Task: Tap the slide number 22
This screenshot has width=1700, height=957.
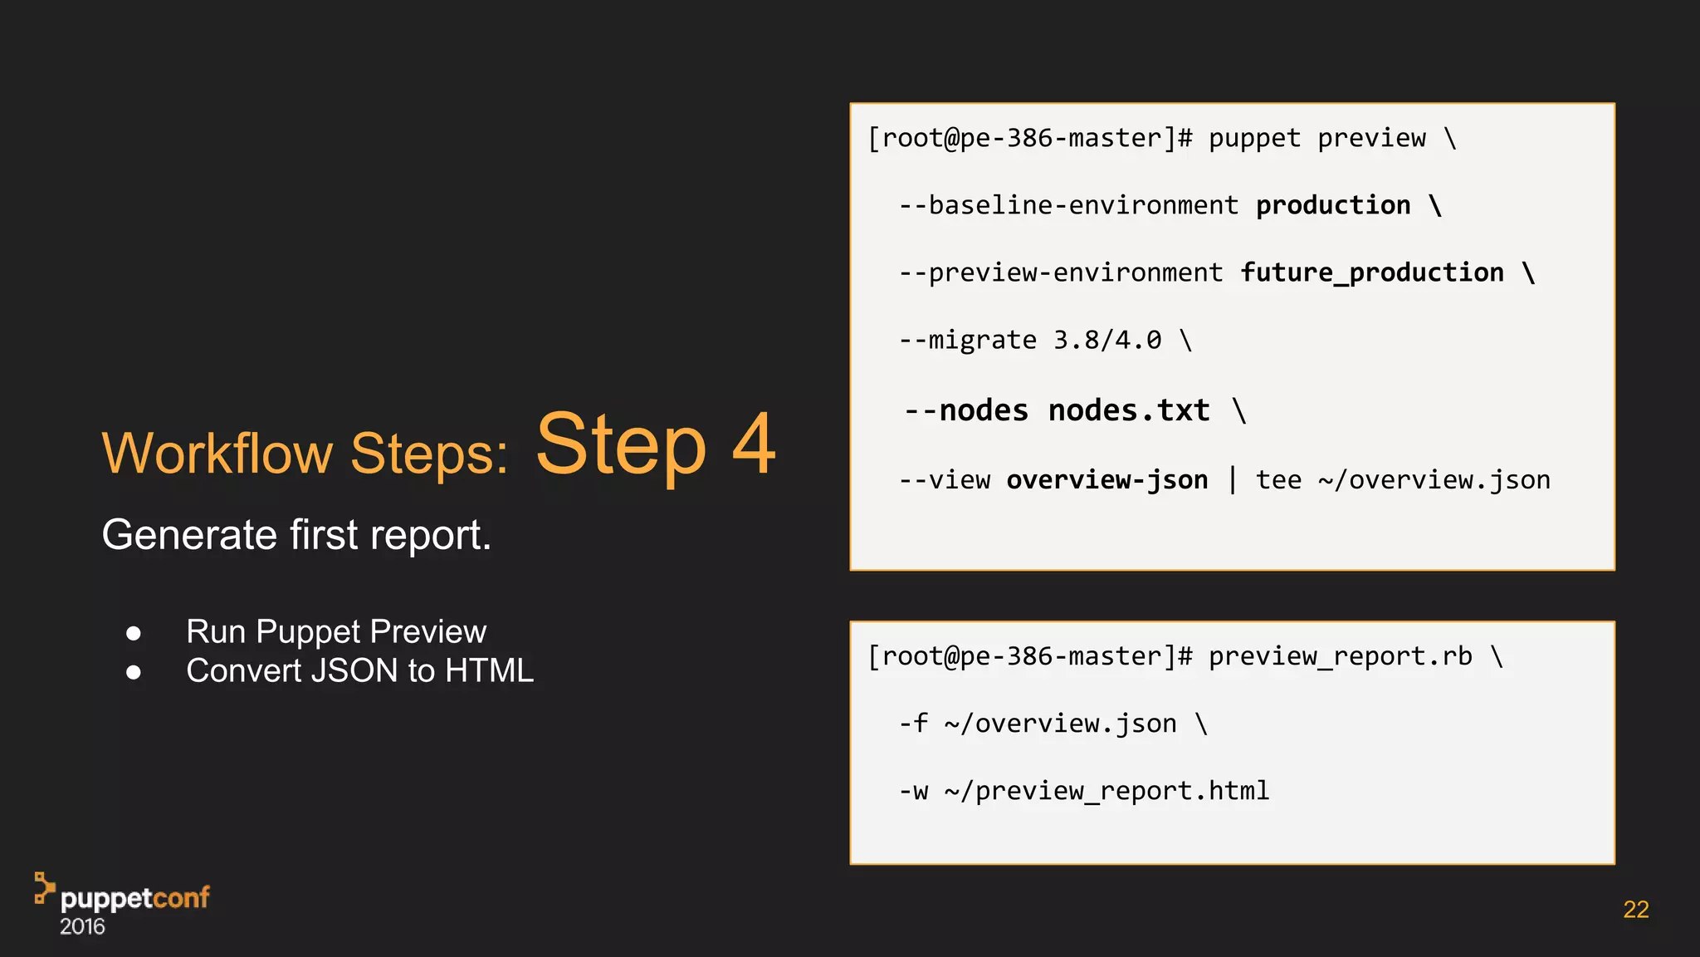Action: click(x=1635, y=910)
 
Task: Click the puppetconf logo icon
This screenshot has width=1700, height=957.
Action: click(x=44, y=888)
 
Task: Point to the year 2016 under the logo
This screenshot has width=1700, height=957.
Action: click(x=82, y=927)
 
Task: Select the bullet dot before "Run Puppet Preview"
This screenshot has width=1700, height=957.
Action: click(x=134, y=634)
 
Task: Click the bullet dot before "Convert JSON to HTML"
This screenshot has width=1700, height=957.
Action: click(x=134, y=672)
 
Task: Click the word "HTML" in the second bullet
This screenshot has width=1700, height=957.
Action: click(x=489, y=671)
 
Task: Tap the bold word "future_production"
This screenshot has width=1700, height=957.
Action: click(x=1371, y=272)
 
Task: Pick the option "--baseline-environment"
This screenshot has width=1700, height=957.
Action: click(x=1069, y=205)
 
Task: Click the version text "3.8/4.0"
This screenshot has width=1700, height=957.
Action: click(x=1107, y=340)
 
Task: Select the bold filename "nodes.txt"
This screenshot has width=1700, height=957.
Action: click(x=1129, y=410)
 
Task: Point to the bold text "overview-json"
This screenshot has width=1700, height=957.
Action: click(x=1106, y=479)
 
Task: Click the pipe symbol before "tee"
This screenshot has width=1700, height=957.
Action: click(x=1233, y=479)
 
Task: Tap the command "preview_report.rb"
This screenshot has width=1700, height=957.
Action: click(x=1340, y=656)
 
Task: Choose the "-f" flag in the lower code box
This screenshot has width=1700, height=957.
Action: click(x=913, y=724)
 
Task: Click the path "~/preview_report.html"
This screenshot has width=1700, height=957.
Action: click(x=1106, y=791)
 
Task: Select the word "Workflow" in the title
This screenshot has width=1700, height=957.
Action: click(x=217, y=454)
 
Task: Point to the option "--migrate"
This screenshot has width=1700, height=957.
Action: click(x=968, y=340)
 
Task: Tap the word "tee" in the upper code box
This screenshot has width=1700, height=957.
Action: click(x=1278, y=479)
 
